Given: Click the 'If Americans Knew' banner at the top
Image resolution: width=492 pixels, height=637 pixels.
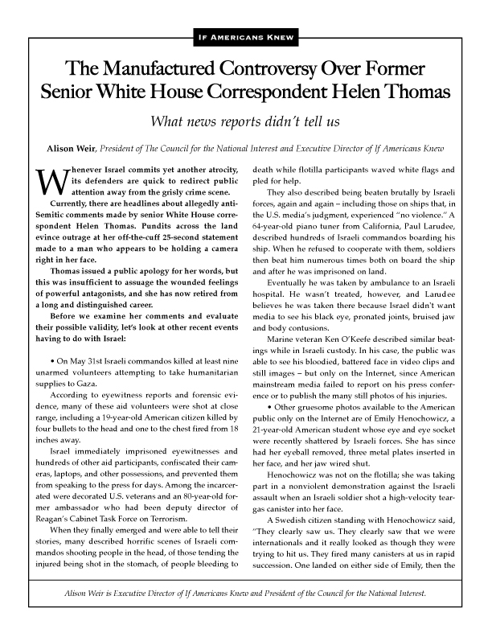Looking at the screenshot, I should [246, 37].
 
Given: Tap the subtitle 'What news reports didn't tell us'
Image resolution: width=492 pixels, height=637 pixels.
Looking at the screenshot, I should [246, 123].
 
